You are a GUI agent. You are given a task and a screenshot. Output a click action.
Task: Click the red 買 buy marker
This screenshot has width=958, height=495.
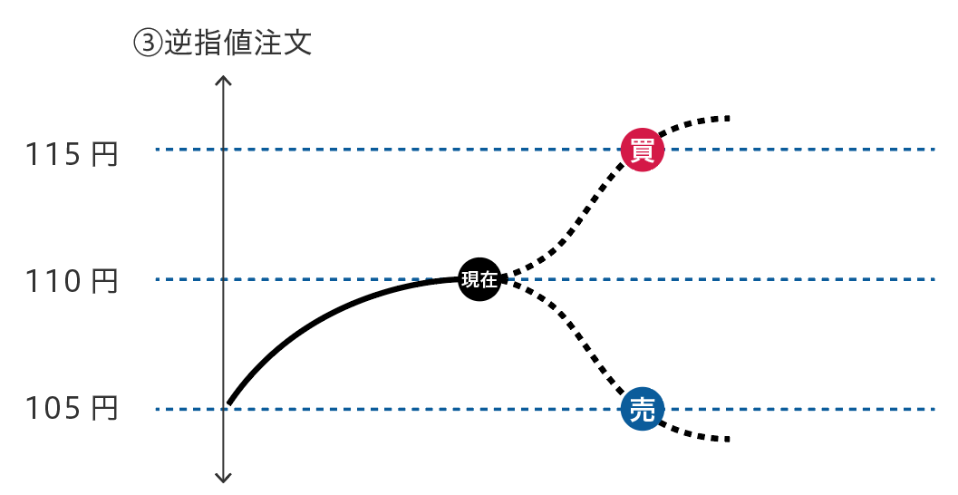643,149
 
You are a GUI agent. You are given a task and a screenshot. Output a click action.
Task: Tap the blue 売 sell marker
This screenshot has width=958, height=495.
643,410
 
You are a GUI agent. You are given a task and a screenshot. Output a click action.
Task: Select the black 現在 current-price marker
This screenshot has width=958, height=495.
479,279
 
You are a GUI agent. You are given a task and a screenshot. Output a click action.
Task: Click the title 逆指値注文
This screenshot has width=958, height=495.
237,44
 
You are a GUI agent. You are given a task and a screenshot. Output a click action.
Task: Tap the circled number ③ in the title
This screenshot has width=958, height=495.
147,44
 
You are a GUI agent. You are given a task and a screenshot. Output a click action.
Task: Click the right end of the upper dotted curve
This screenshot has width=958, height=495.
726,118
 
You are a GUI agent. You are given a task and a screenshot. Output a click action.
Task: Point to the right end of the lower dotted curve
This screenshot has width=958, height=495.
726,440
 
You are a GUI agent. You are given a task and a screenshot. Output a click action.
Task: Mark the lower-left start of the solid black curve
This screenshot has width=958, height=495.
229,403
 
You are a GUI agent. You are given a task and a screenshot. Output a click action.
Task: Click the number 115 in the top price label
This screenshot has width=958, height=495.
53,155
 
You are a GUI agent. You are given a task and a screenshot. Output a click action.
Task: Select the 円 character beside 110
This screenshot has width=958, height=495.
105,282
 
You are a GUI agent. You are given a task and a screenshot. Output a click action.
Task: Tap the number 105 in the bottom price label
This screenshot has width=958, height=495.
53,410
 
